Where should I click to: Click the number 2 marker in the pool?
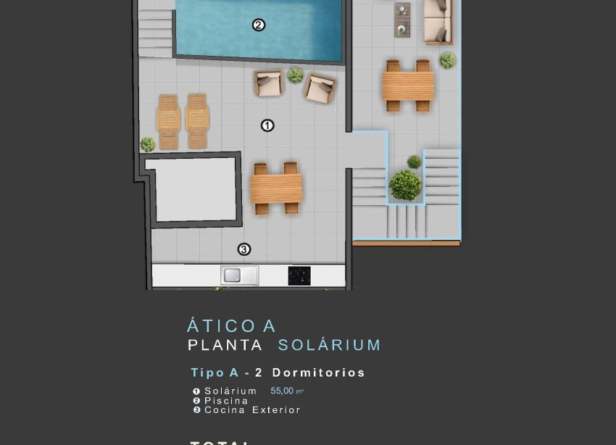click(x=258, y=25)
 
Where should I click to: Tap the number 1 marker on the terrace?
click(x=267, y=125)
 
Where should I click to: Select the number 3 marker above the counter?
click(x=244, y=249)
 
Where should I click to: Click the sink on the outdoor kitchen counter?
click(x=240, y=275)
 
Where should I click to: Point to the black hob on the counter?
click(x=299, y=275)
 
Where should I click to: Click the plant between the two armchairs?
click(x=295, y=75)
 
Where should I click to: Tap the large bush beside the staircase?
click(x=405, y=185)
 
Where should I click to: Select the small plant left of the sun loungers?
click(x=148, y=144)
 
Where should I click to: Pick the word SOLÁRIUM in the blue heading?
click(x=330, y=345)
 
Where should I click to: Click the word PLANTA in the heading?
click(x=225, y=345)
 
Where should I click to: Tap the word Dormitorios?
click(x=318, y=373)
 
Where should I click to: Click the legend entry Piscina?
click(x=226, y=400)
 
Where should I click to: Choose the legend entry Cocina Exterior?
click(x=252, y=409)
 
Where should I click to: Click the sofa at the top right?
click(x=438, y=21)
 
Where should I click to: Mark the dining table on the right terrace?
click(x=408, y=86)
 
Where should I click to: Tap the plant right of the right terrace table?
click(x=447, y=60)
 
